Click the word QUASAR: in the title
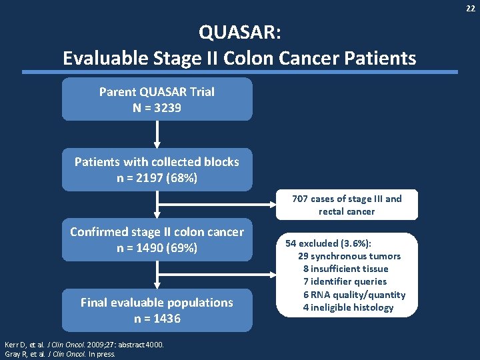pyautogui.click(x=239, y=31)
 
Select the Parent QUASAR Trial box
pyautogui.click(x=157, y=99)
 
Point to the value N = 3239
pyautogui.click(x=157, y=107)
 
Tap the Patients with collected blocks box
pyautogui.click(x=157, y=169)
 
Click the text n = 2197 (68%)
pyautogui.click(x=157, y=178)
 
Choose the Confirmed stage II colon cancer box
pyautogui.click(x=157, y=240)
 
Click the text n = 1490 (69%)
pyautogui.click(x=157, y=249)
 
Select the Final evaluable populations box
pyautogui.click(x=157, y=310)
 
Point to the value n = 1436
pyautogui.click(x=157, y=319)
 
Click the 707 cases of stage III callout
pyautogui.click(x=347, y=205)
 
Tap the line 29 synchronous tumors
pyautogui.click(x=349, y=256)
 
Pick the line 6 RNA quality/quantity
pyautogui.click(x=354, y=295)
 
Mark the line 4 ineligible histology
pyautogui.click(x=348, y=307)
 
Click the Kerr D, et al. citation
pyautogui.click(x=84, y=344)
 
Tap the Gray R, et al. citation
pyautogui.click(x=59, y=353)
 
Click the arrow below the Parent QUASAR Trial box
pyautogui.click(x=157, y=134)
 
